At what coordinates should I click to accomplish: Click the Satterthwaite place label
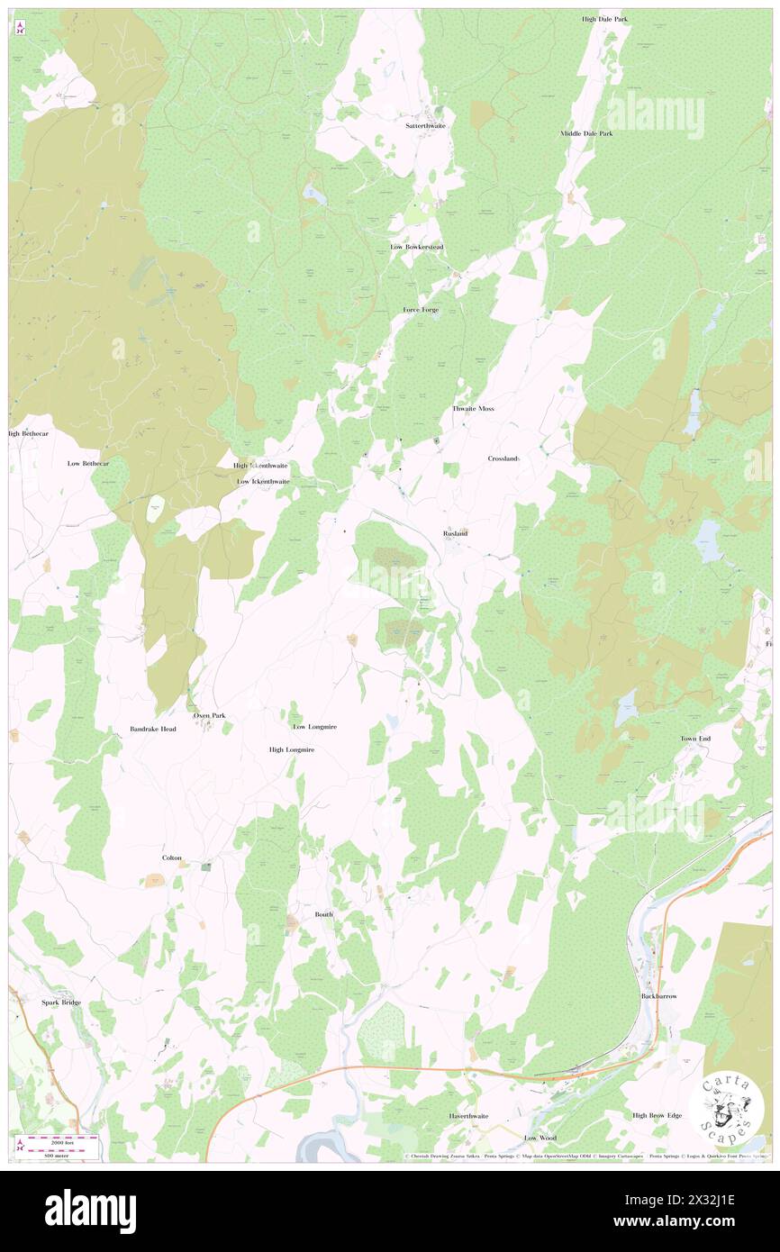(x=425, y=125)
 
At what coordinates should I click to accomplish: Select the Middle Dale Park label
(x=586, y=133)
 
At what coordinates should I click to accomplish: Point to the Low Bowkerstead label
(x=416, y=247)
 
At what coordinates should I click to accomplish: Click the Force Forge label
(x=421, y=310)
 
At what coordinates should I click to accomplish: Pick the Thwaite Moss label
(x=473, y=409)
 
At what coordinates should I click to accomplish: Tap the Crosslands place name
(x=503, y=458)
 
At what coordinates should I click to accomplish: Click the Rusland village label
(x=455, y=533)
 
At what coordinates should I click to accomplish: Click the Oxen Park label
(x=209, y=715)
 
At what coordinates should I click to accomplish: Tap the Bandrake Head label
(x=151, y=729)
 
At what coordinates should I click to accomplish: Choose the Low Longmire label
(x=314, y=726)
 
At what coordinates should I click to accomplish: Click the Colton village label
(x=172, y=857)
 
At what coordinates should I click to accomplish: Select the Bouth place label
(x=323, y=914)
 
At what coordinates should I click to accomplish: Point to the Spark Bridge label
(x=60, y=1002)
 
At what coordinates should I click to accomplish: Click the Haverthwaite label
(x=468, y=1116)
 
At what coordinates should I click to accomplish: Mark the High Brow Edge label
(x=657, y=1115)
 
